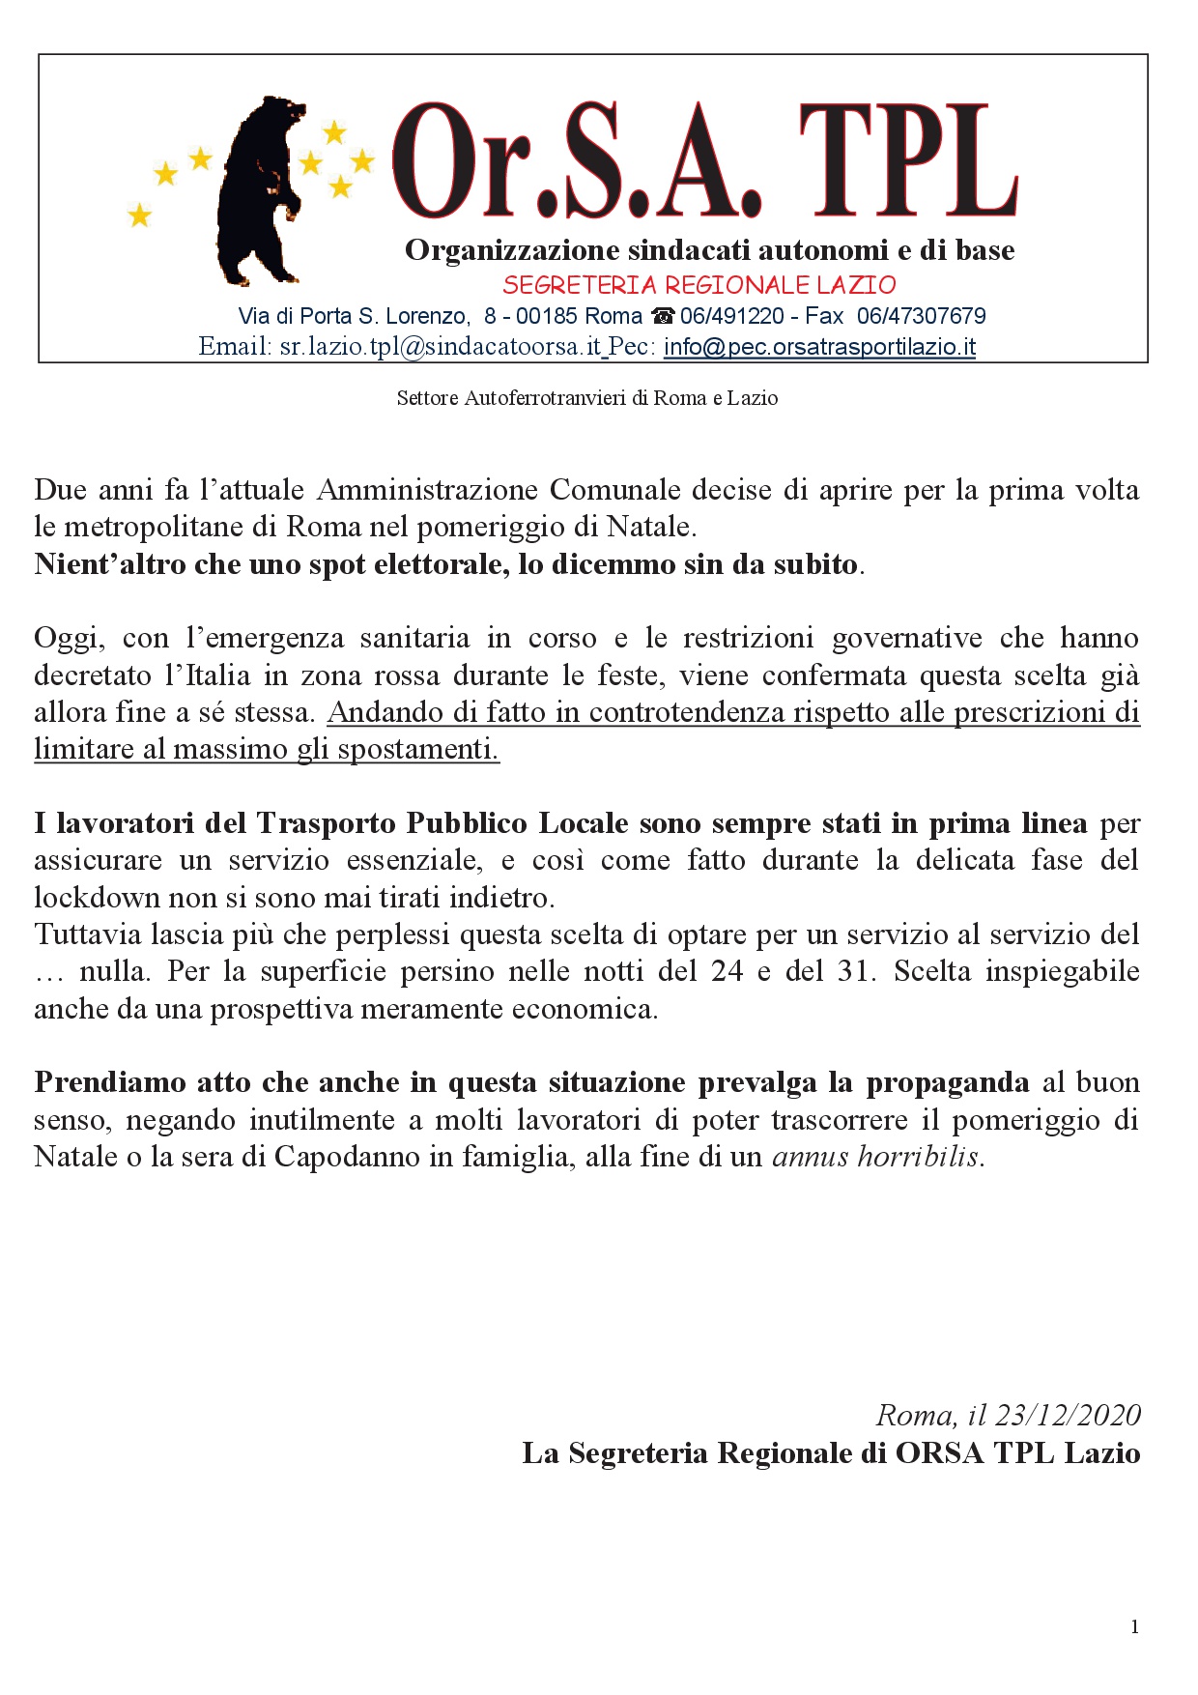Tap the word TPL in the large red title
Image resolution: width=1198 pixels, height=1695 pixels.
(x=907, y=161)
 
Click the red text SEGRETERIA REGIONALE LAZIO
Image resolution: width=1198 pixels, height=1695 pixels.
(x=699, y=285)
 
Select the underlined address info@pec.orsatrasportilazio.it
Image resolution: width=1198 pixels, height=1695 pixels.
(x=819, y=347)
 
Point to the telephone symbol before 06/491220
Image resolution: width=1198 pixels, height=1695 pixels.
(x=663, y=316)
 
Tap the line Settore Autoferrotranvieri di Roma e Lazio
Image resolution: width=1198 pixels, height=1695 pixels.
(x=587, y=398)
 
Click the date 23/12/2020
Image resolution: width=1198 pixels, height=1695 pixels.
(x=1068, y=1415)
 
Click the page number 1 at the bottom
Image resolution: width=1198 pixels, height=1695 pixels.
(x=1134, y=1627)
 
